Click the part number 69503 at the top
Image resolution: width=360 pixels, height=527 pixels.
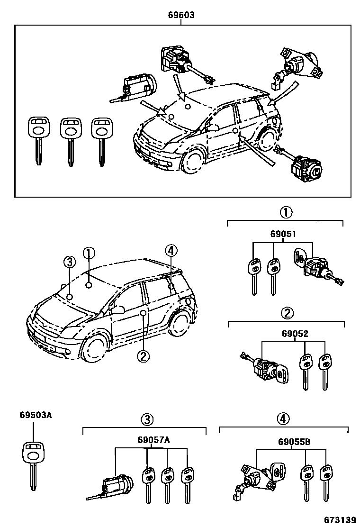(x=181, y=15)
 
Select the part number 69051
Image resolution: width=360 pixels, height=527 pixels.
(x=283, y=234)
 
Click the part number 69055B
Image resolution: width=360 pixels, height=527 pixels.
(x=294, y=442)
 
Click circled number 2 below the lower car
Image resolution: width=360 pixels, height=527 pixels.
(x=143, y=355)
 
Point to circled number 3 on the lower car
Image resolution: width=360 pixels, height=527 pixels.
(x=69, y=262)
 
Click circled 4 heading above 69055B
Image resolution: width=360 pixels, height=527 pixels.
(x=283, y=418)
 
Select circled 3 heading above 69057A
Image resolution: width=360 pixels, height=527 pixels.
(x=147, y=419)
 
